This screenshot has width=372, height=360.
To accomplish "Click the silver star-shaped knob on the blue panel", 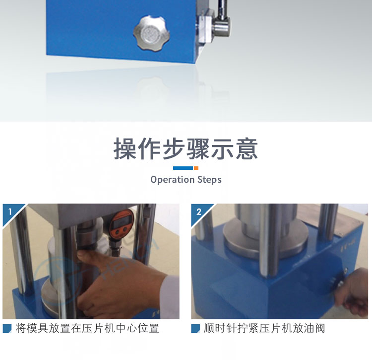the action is (151, 33).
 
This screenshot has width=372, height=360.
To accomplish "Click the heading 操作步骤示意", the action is (186, 149).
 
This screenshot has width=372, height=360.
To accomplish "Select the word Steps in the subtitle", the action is (209, 180).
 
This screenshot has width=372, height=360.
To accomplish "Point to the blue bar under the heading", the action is (183, 168).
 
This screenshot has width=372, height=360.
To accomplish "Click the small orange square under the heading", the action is (196, 168).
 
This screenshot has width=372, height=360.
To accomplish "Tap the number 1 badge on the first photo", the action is (10, 212).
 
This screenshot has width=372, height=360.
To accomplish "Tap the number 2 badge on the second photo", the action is (199, 212).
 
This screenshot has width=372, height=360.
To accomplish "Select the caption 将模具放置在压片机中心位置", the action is (87, 328).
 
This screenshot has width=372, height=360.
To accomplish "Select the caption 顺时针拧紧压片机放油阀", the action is (264, 328).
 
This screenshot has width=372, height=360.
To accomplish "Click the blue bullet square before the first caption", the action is (7, 329).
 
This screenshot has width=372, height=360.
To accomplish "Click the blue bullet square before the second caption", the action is (195, 329).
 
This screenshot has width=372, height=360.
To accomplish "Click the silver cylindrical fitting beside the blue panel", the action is (221, 27).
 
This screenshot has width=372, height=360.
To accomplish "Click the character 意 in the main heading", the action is (247, 149).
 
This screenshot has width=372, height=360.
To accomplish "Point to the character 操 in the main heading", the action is (125, 149).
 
